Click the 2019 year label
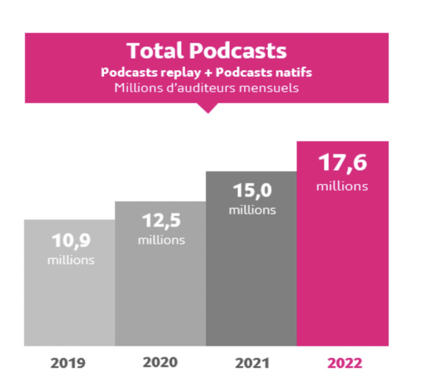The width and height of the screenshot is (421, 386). point(68,363)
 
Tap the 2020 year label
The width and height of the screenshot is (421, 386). point(160,362)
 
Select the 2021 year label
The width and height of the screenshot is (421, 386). point(253,363)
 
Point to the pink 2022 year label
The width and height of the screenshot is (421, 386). point(345,363)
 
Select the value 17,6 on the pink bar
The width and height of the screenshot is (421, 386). point(343,164)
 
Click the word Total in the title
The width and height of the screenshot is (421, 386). point(155,51)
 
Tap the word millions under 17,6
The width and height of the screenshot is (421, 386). point(342,185)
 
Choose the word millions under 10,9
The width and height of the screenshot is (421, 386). point(71,259)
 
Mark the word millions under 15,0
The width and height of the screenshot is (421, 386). point(252,210)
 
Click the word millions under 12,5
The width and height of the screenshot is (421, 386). point(161,240)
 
